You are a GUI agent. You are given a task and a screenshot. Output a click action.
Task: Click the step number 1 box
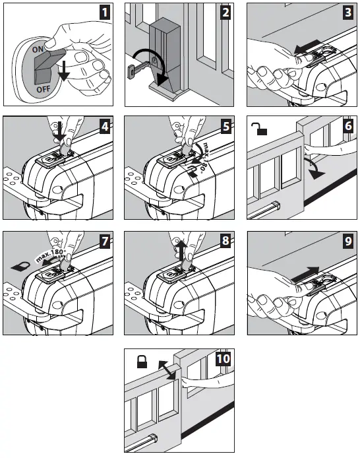click(x=105, y=13)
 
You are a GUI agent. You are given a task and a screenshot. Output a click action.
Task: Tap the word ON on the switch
click(x=38, y=49)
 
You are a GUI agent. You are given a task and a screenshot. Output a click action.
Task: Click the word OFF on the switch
click(x=44, y=89)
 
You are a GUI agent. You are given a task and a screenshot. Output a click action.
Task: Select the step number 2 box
click(x=225, y=13)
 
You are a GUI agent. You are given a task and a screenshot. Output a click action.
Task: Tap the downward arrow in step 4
click(x=60, y=131)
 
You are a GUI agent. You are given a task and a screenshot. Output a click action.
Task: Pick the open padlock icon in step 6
click(x=259, y=129)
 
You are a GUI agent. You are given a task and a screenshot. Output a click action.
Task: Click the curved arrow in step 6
click(x=315, y=168)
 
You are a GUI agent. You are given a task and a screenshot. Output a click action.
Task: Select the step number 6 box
click(x=348, y=126)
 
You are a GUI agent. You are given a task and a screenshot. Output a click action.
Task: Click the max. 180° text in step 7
click(x=51, y=255)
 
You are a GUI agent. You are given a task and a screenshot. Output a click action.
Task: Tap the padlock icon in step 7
click(x=20, y=266)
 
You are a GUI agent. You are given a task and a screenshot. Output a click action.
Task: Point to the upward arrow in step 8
click(x=182, y=250)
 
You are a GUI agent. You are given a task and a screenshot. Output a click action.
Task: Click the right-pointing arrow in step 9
click(x=305, y=274)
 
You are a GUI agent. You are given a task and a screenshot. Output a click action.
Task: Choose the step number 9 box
click(x=348, y=242)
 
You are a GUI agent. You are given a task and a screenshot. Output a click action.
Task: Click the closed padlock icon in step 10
click(x=142, y=362)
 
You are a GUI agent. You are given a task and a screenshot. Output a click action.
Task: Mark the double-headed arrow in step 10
click(x=167, y=370)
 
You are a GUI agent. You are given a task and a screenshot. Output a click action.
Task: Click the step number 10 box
click(x=223, y=358)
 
